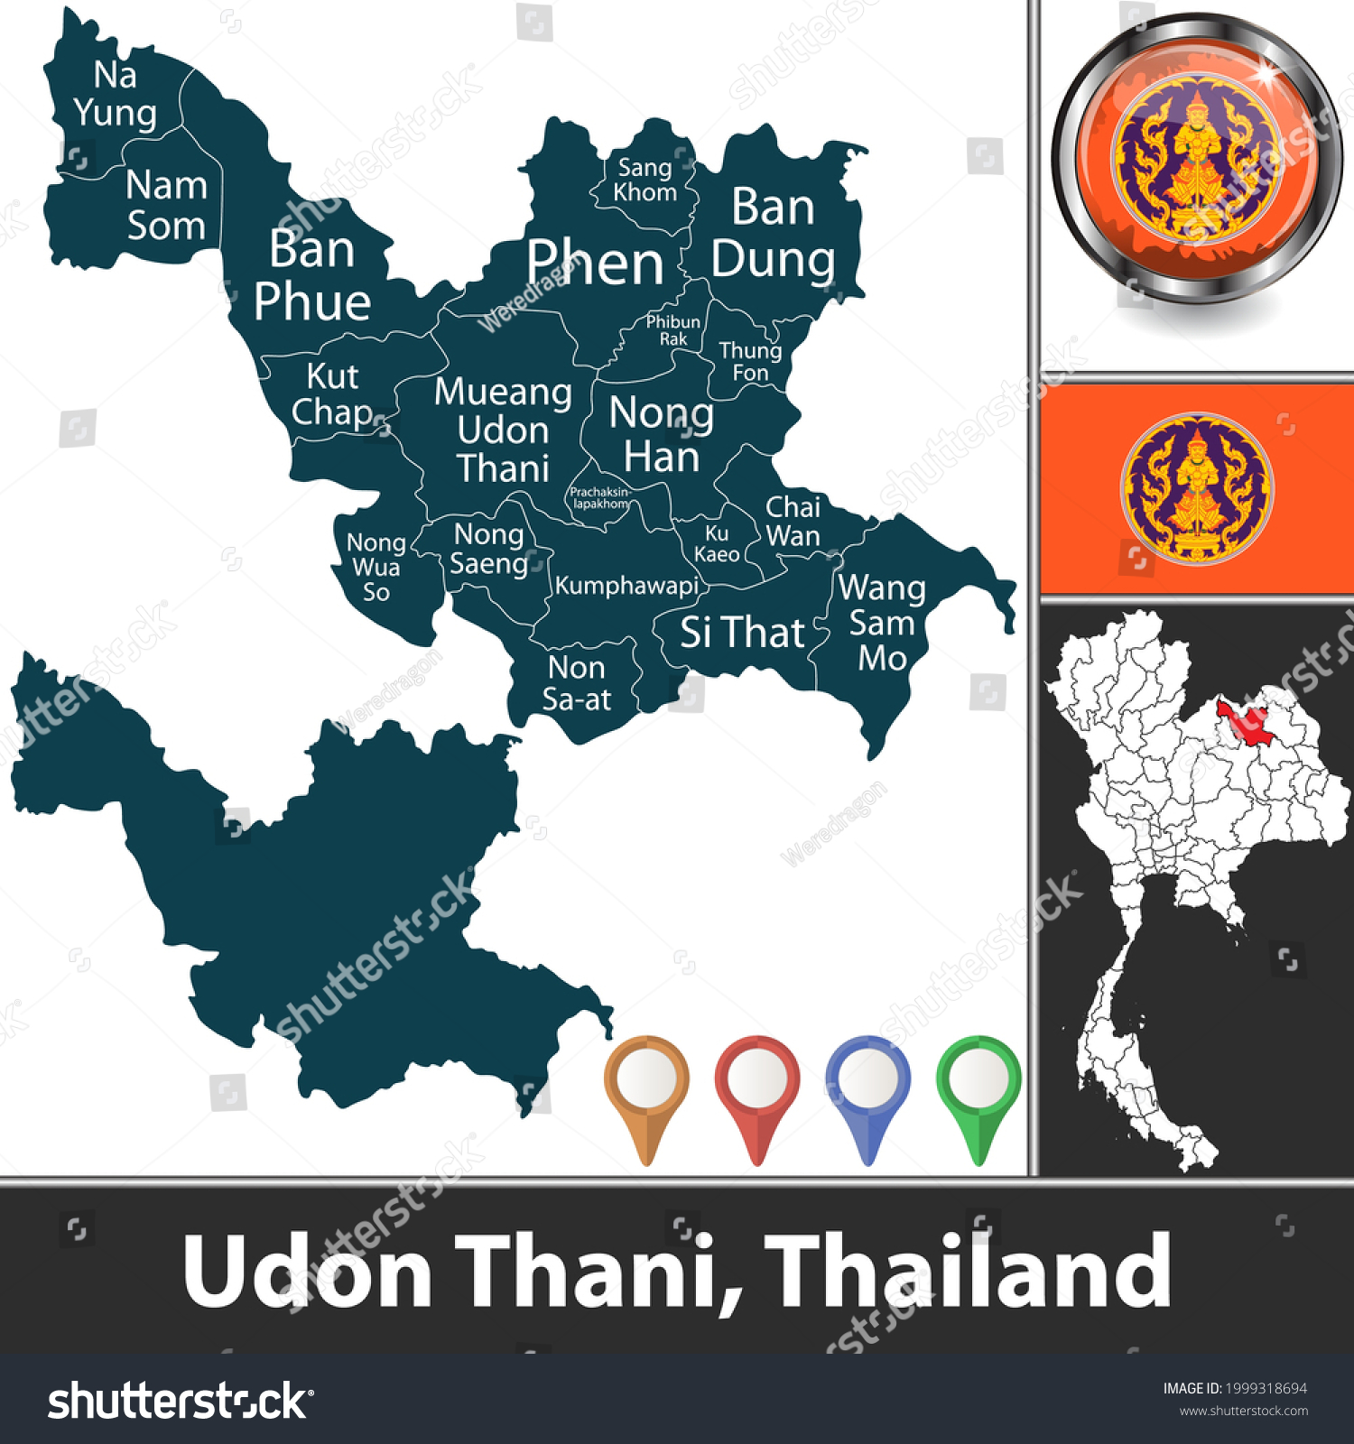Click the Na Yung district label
pos(116,94)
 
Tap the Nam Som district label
pos(167,206)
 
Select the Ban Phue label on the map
pos(312,275)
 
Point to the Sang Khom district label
pos(645,180)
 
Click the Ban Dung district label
pos(773,233)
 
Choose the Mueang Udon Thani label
pos(503,430)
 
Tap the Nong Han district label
pos(662,435)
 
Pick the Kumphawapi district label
pos(626,586)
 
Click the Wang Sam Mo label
pos(882,623)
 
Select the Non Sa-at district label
pos(576,683)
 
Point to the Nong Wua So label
pos(376,567)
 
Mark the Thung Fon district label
pos(750,362)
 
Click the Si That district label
pos(742,633)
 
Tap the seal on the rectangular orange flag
pos(1197,488)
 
